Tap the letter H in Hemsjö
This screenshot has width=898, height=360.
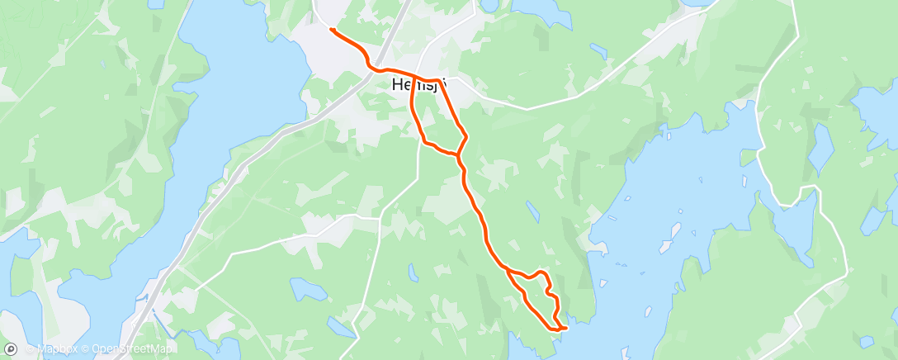[x=397, y=84]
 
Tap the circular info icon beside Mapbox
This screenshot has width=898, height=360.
[x=29, y=349]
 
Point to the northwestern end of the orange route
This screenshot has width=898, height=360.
[x=331, y=30]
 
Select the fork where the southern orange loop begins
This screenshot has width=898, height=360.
[x=505, y=268]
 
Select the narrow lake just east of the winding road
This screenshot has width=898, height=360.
[x=793, y=223]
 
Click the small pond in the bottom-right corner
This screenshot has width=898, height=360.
[x=865, y=341]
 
